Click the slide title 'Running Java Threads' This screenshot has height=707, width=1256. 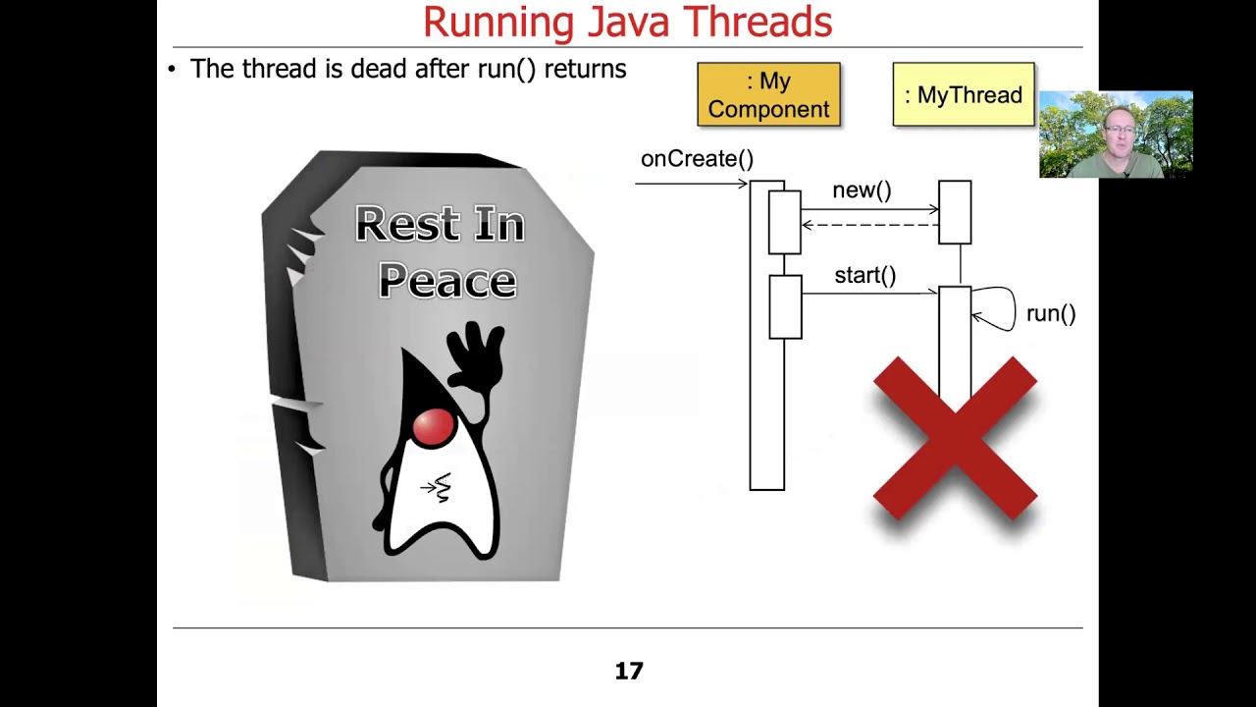click(627, 22)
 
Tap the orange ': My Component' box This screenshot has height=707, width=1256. click(768, 95)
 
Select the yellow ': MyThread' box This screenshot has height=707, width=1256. click(963, 95)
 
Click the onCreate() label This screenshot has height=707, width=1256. click(697, 159)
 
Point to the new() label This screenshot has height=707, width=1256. click(862, 190)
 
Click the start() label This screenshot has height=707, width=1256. click(864, 275)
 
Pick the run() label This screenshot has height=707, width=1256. click(1051, 314)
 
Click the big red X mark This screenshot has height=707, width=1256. click(955, 438)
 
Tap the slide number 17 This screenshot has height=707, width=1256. click(629, 671)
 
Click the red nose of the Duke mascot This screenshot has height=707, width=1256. click(433, 426)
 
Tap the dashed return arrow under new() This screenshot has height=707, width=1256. click(869, 225)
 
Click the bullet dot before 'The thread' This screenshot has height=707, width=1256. click(172, 70)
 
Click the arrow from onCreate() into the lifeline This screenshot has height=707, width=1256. click(692, 184)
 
